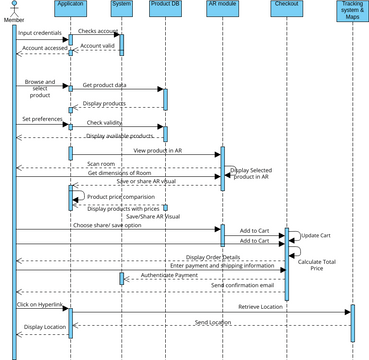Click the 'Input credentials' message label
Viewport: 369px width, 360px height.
[39, 33]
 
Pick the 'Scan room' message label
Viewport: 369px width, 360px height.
[101, 163]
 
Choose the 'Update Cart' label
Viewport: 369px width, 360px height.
[316, 236]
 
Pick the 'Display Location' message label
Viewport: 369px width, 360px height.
[45, 326]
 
